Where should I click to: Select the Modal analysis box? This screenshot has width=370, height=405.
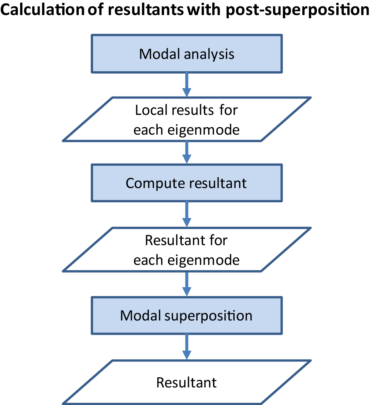[187, 54]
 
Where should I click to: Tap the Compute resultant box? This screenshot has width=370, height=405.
[187, 183]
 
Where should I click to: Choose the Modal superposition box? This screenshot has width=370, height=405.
[187, 315]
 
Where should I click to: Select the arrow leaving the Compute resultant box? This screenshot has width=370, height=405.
[187, 214]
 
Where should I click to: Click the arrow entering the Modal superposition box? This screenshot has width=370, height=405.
[187, 284]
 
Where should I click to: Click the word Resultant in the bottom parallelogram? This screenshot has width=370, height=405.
[187, 383]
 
